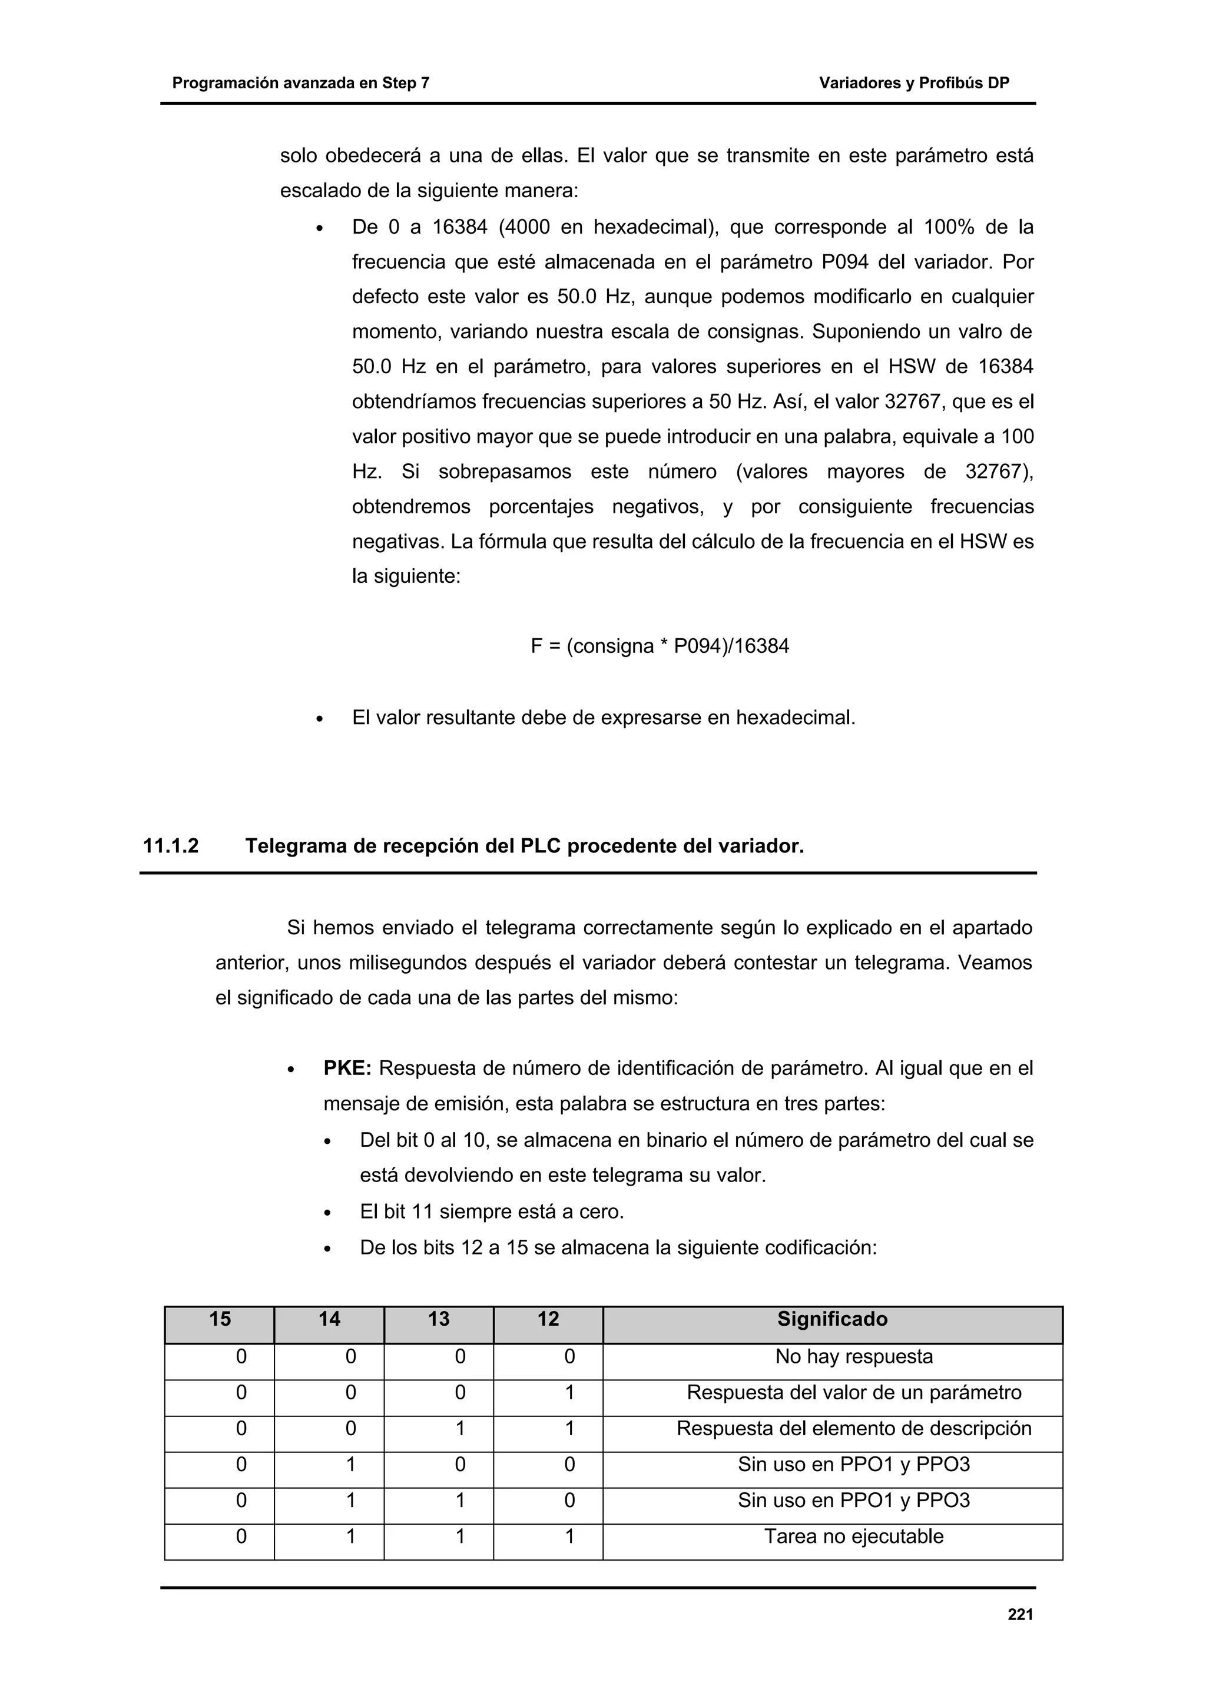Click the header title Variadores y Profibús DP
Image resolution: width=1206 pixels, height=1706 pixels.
913,83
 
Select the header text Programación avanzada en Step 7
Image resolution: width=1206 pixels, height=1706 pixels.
300,83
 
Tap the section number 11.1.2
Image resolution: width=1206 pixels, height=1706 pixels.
171,845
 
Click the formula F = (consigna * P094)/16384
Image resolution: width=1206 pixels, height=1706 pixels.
659,646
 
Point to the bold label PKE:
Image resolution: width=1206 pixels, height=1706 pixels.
347,1068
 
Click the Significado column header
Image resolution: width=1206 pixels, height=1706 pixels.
831,1319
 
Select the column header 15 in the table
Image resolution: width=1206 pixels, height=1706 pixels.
220,1319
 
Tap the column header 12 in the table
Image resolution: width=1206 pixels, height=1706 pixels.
548,1319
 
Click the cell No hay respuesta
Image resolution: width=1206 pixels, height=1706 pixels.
853,1356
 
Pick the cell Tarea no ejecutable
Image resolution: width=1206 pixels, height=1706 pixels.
853,1536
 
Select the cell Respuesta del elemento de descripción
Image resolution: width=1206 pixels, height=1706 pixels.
853,1428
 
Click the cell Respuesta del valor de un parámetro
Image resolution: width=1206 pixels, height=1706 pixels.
853,1392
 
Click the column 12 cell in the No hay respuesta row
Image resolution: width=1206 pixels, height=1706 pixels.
569,1357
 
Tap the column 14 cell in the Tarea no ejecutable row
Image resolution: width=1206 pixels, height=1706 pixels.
351,1536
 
